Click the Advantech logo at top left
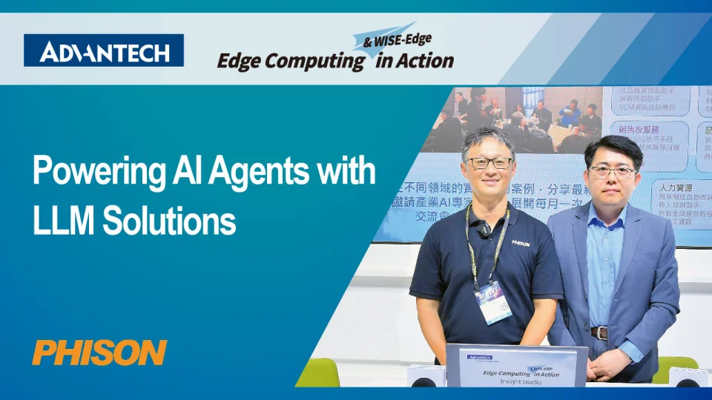click(x=104, y=51)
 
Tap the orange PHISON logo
click(x=99, y=353)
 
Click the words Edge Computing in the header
click(x=290, y=61)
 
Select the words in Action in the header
click(x=415, y=61)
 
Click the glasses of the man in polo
click(x=488, y=163)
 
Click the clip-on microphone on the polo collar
click(x=484, y=230)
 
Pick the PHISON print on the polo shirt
click(x=520, y=242)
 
